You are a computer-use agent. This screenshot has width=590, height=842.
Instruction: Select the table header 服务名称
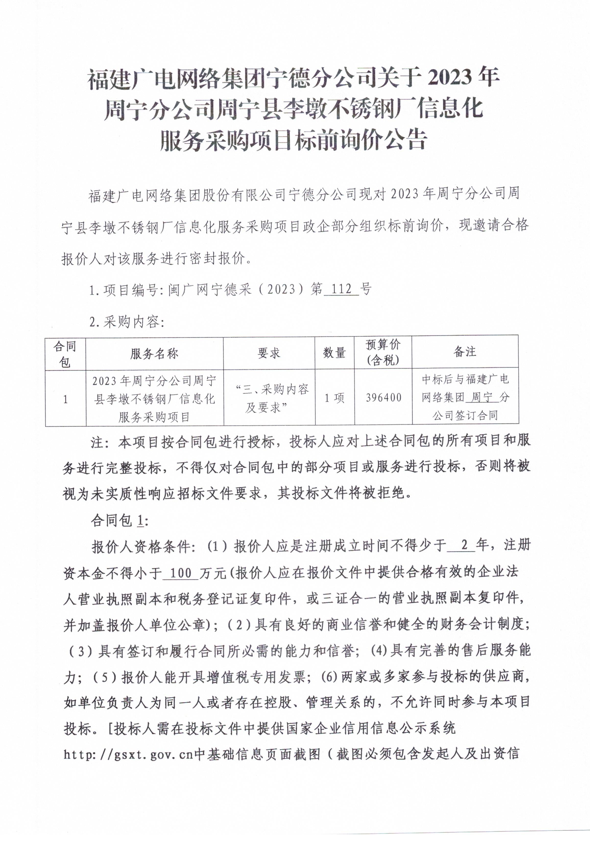pyautogui.click(x=154, y=354)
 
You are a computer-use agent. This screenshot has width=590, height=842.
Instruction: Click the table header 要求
pyautogui.click(x=269, y=353)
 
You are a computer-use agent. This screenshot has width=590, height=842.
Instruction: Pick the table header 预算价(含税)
pyautogui.click(x=383, y=353)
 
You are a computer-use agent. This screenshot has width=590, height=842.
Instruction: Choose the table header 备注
pyautogui.click(x=465, y=352)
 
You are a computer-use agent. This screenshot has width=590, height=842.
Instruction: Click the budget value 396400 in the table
pyautogui.click(x=384, y=398)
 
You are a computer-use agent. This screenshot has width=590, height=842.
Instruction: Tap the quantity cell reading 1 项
pyautogui.click(x=334, y=398)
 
